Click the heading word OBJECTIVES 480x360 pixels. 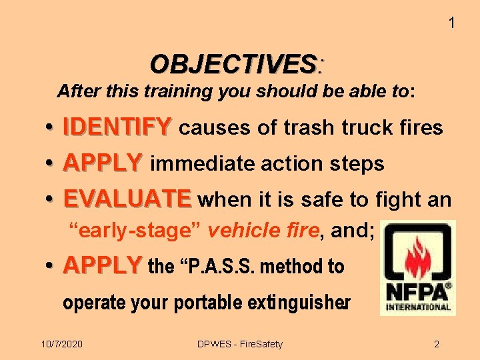click(x=233, y=64)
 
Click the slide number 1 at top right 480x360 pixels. click(x=451, y=23)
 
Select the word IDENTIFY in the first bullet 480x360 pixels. click(x=117, y=127)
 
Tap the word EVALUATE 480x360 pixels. click(x=127, y=199)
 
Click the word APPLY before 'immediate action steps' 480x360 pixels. click(x=103, y=163)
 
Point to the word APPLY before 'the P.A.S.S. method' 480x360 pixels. click(x=103, y=266)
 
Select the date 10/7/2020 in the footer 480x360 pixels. click(x=62, y=344)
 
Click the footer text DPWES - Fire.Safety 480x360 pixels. click(x=240, y=344)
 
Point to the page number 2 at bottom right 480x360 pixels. click(x=437, y=344)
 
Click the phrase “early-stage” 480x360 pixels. click(x=136, y=231)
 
